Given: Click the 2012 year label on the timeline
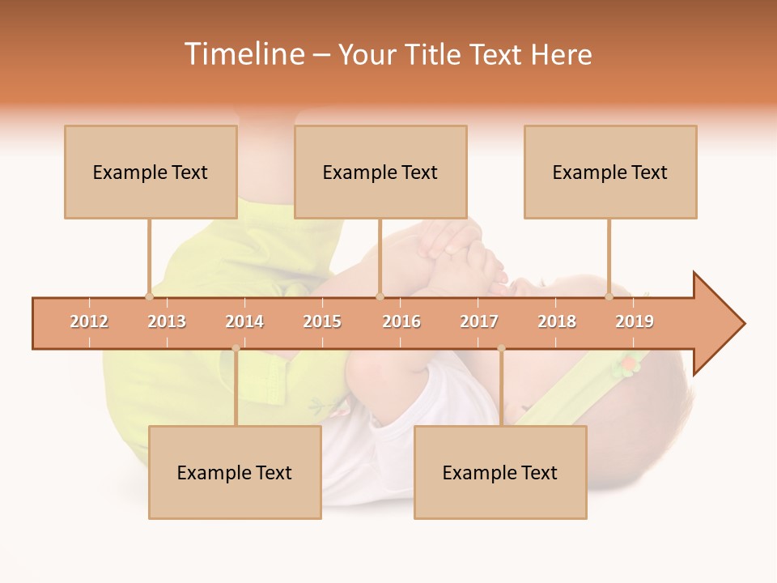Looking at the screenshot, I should coord(89,321).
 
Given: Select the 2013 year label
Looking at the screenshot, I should coord(167,321).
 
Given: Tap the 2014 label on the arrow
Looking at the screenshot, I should coord(244,321).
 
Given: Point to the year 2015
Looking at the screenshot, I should coord(322,321).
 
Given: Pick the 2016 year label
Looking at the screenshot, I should coord(401,321).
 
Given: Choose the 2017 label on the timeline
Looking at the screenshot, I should coord(479,321).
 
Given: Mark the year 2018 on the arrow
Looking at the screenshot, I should coord(557,321).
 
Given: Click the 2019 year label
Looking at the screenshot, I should coord(635,321).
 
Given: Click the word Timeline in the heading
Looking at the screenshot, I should coord(242,54).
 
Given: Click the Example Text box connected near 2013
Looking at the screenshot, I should coord(151,172).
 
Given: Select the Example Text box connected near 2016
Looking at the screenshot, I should coord(380,172).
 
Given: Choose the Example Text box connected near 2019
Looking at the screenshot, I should coord(610,172).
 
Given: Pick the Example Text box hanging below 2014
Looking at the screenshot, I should coord(235,472).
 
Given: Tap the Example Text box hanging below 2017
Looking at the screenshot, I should coord(500,472).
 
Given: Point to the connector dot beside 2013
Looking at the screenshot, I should coord(149,296).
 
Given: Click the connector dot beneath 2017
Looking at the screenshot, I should coord(501,348).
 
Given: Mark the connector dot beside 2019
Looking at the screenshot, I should coord(609,296).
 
